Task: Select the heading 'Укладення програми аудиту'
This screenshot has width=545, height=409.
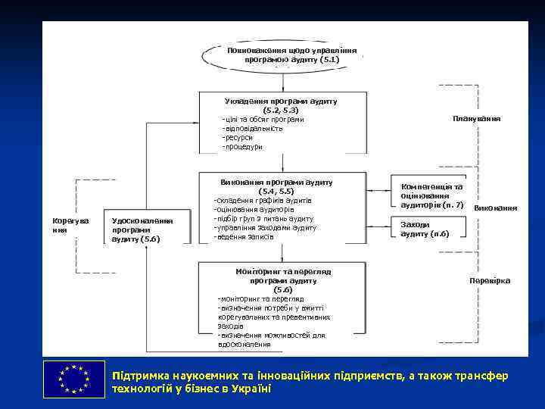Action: pyautogui.click(x=281, y=101)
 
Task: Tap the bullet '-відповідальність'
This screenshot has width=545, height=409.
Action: pyautogui.click(x=252, y=128)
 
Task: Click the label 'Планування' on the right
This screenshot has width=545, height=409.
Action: pyautogui.click(x=476, y=119)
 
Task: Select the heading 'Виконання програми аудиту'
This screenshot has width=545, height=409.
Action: pyautogui.click(x=276, y=183)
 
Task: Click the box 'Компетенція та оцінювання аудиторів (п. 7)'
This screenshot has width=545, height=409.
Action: pyautogui.click(x=432, y=195)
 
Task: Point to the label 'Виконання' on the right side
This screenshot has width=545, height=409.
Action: pyautogui.click(x=495, y=208)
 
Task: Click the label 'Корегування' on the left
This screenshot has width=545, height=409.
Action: pyautogui.click(x=70, y=225)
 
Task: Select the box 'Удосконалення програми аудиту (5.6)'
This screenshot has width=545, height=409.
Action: pyautogui.click(x=142, y=229)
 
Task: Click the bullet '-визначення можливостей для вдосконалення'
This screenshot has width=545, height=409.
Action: pyautogui.click(x=271, y=339)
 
